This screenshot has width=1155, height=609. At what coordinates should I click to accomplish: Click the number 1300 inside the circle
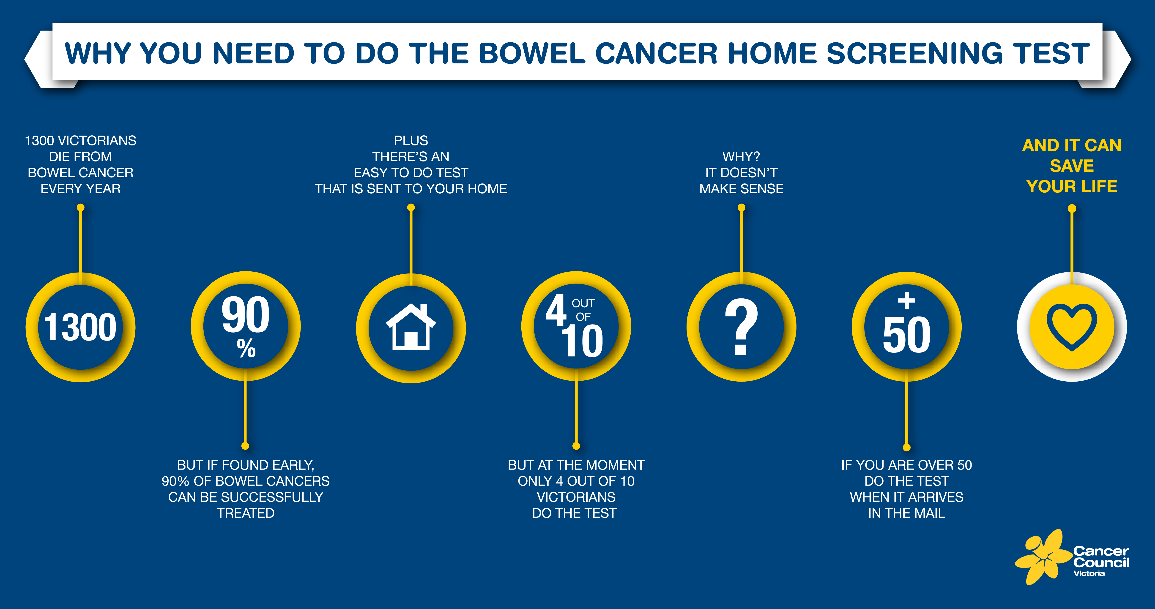pos(80,327)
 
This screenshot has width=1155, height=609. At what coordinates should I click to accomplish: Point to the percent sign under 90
pos(246,348)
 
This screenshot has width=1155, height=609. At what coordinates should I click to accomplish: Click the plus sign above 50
pos(907,300)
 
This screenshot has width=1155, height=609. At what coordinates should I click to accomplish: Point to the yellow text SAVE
pos(1072,166)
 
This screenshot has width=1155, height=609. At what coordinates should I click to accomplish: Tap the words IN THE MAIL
pos(907,513)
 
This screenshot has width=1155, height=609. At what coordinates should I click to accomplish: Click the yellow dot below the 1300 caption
pos(81,208)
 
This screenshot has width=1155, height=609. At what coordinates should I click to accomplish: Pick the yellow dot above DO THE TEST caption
pos(576,446)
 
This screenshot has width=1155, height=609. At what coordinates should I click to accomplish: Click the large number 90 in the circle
pos(246,315)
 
